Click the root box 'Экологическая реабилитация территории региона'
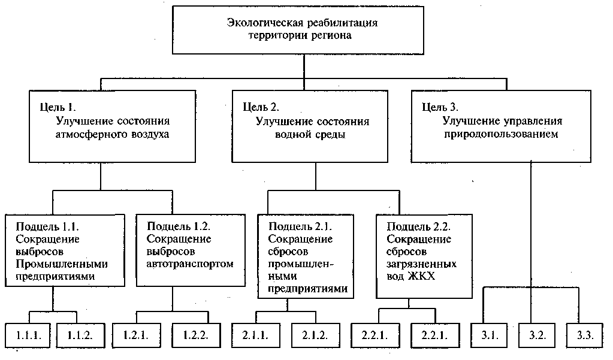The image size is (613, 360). (x=304, y=29)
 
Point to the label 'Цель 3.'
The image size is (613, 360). (x=440, y=108)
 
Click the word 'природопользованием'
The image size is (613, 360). (x=502, y=135)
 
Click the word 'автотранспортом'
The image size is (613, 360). (x=189, y=264)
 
